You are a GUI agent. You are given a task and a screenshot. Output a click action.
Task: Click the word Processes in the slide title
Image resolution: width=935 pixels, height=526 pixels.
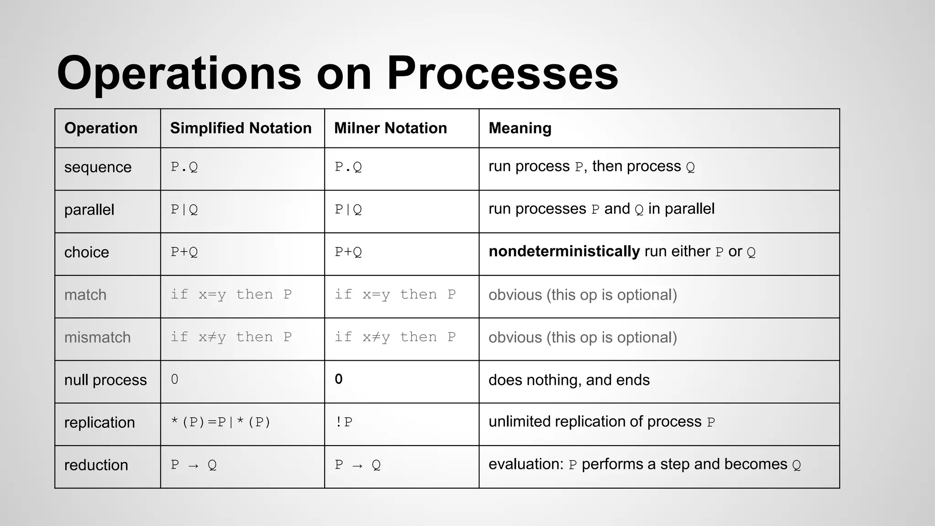point(502,73)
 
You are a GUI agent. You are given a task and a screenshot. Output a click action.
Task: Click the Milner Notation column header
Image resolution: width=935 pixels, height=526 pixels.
point(390,128)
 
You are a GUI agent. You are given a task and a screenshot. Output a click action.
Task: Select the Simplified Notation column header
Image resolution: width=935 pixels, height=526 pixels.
point(241,128)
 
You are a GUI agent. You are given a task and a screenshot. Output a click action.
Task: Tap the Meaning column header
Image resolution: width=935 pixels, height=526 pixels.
point(520,128)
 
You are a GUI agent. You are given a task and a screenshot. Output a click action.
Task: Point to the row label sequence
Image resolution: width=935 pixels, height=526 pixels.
point(98,168)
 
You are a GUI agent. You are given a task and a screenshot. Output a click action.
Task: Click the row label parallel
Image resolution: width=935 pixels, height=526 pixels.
point(89,210)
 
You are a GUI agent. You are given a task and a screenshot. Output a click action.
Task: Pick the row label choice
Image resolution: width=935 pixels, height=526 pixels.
point(87,252)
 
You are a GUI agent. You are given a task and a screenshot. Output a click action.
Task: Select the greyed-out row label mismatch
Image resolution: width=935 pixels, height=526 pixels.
point(97,337)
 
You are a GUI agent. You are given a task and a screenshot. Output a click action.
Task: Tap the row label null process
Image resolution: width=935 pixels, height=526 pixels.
point(105,380)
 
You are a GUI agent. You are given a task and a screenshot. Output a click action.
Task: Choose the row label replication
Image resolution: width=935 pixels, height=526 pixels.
point(100,422)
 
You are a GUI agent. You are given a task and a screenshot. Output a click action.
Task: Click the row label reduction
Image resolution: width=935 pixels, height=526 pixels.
point(96,465)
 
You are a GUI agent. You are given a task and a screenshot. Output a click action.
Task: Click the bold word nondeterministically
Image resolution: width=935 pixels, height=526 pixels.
point(564,252)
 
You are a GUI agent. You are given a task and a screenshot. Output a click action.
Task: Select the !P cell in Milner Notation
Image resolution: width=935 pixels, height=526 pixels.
point(343,422)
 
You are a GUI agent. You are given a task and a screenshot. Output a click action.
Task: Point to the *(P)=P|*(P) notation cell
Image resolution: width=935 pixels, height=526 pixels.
point(221,422)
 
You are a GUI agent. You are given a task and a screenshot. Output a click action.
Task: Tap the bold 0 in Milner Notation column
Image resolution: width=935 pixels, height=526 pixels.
point(338,379)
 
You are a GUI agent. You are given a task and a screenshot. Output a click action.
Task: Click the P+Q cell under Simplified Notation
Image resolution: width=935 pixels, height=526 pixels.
point(184,252)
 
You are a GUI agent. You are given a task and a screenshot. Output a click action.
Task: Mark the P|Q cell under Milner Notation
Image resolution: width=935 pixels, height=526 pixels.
point(348,210)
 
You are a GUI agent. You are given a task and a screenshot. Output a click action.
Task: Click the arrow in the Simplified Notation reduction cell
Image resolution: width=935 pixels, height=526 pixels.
point(194,465)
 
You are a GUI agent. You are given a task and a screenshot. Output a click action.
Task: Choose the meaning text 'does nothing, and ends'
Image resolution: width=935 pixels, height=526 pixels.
point(569,380)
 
